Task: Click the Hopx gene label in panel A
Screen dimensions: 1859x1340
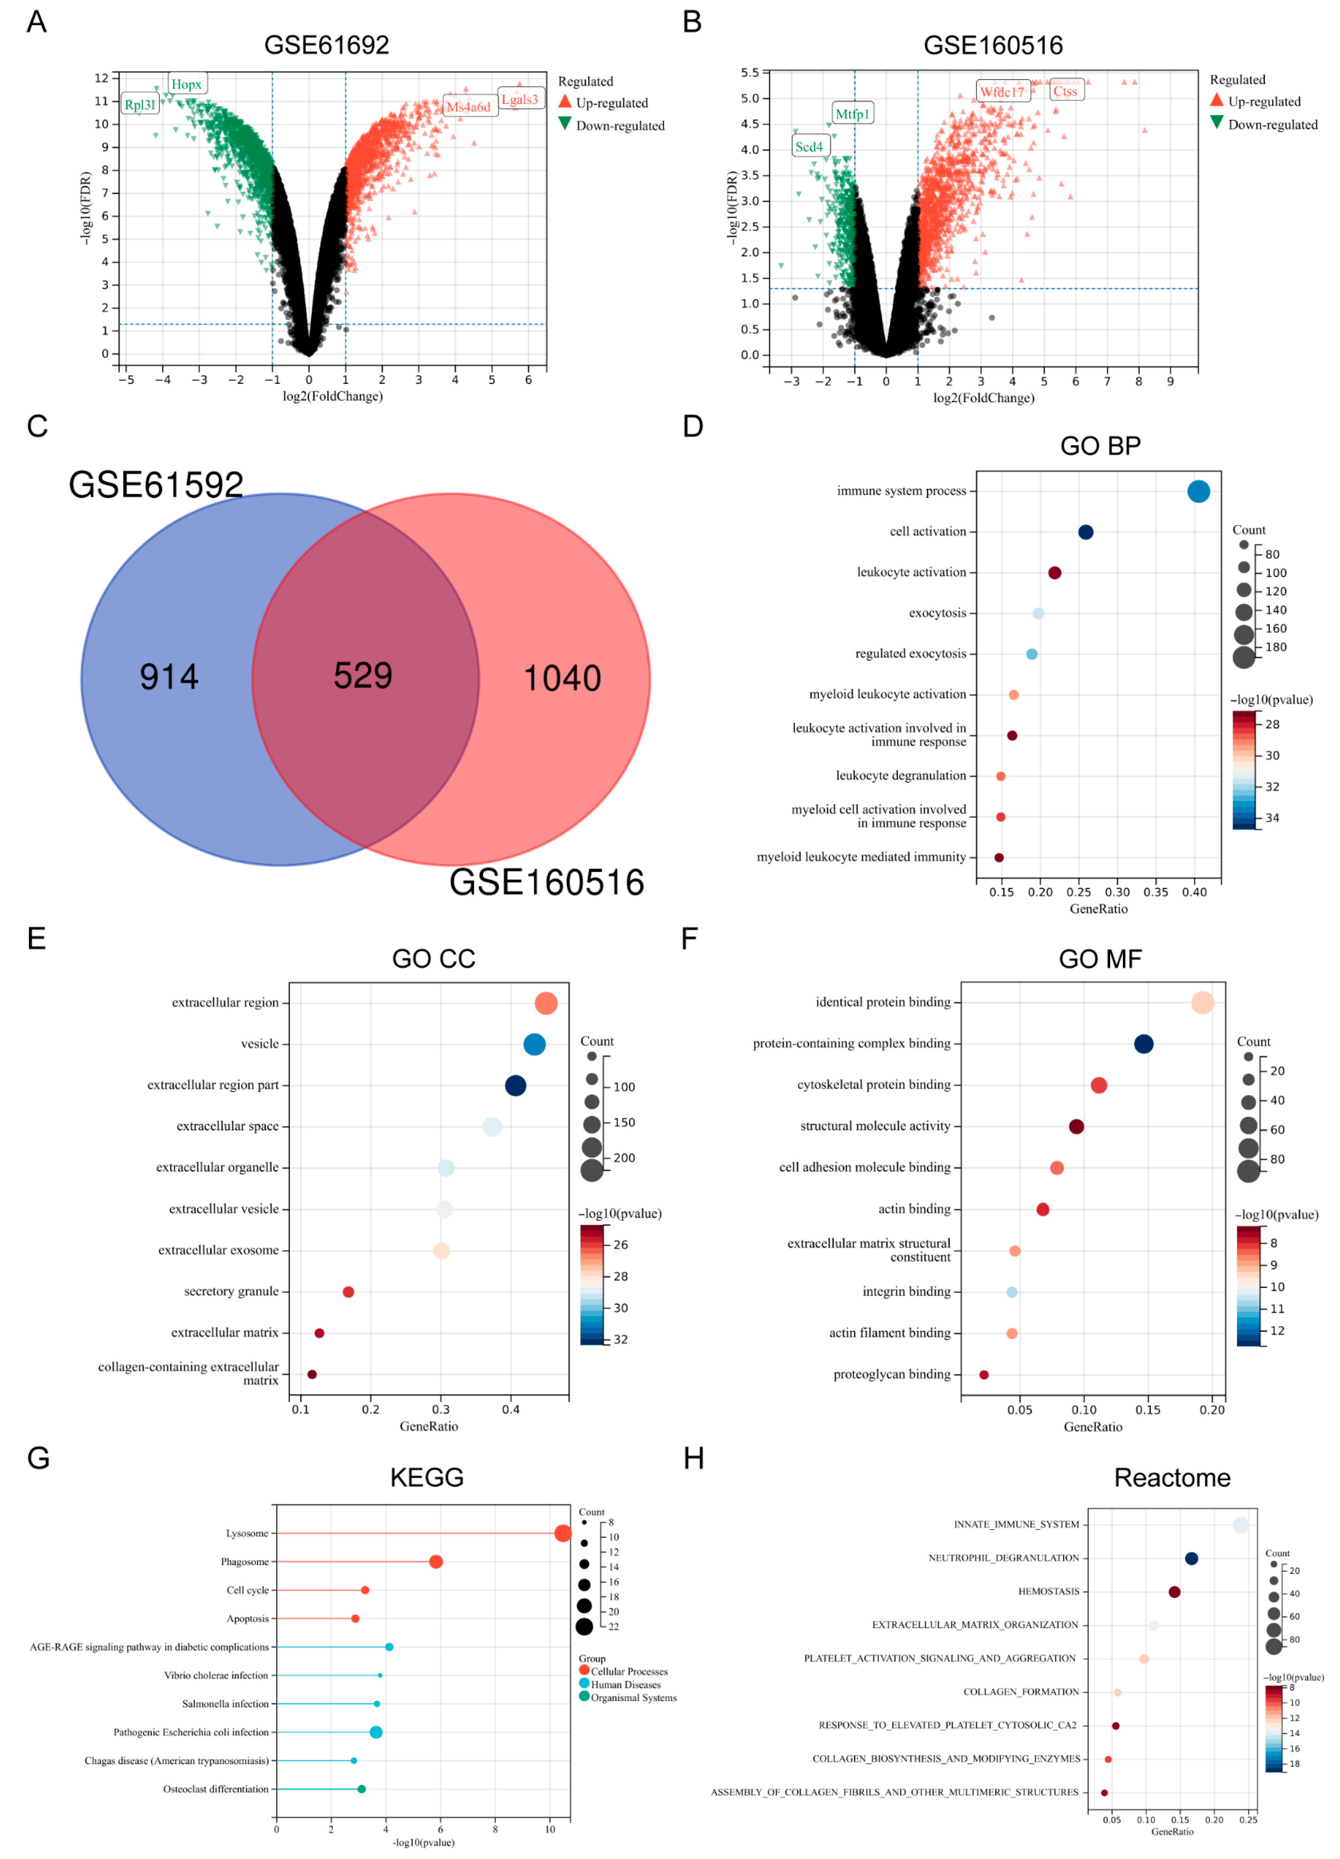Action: [187, 84]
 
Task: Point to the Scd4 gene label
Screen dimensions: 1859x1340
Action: [809, 147]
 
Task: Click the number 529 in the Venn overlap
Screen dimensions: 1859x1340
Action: [363, 676]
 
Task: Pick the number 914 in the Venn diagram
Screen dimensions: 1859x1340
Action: [169, 677]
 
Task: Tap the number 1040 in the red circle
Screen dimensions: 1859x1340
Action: [562, 679]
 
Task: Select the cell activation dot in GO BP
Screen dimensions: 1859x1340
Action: [1085, 532]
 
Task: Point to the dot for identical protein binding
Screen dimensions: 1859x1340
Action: [1202, 1002]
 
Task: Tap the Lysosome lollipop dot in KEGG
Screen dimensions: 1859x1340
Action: [562, 1534]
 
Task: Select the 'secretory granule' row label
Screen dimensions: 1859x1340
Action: [231, 1292]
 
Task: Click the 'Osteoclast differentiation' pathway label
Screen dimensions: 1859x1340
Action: [215, 1789]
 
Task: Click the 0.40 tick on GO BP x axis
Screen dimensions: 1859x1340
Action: [1194, 893]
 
